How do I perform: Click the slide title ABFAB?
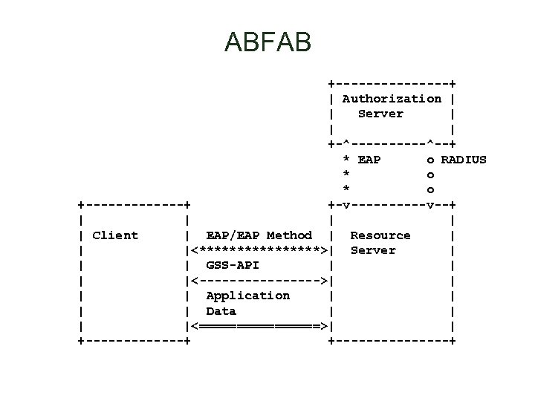pyautogui.click(x=267, y=42)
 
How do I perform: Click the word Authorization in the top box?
pyautogui.click(x=392, y=99)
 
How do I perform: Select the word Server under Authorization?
pyautogui.click(x=380, y=114)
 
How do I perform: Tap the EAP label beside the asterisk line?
pyautogui.click(x=369, y=160)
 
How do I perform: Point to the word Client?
pyautogui.click(x=115, y=235)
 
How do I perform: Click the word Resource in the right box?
pyautogui.click(x=380, y=235)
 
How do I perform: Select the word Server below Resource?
pyautogui.click(x=373, y=250)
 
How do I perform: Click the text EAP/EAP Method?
pyautogui.click(x=259, y=235)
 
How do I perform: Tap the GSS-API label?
pyautogui.click(x=233, y=265)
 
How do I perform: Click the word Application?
pyautogui.click(x=247, y=296)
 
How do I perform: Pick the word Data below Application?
pyautogui.click(x=221, y=311)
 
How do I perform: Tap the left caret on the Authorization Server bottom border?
pyautogui.click(x=346, y=144)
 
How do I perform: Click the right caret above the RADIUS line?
pyautogui.click(x=430, y=144)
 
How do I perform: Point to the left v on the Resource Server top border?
pyautogui.click(x=346, y=205)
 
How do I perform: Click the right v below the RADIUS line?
pyautogui.click(x=430, y=205)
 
